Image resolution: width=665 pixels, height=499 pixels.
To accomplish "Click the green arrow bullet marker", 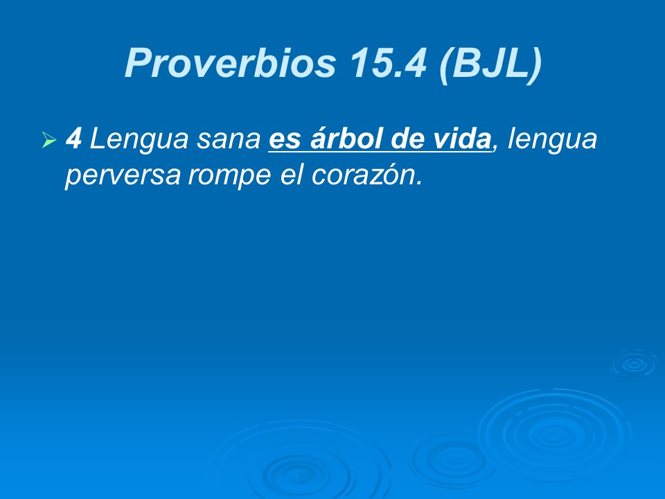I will click(x=48, y=141).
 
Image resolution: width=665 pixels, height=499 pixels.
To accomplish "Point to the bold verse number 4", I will click(x=73, y=139).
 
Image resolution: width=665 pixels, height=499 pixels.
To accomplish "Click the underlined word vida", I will click(x=461, y=139).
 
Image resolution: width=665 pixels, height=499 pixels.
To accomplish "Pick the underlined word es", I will click(x=282, y=140).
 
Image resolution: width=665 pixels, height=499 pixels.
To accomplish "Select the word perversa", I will click(x=122, y=176).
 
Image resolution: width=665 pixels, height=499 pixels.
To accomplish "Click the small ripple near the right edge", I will click(x=632, y=363).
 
